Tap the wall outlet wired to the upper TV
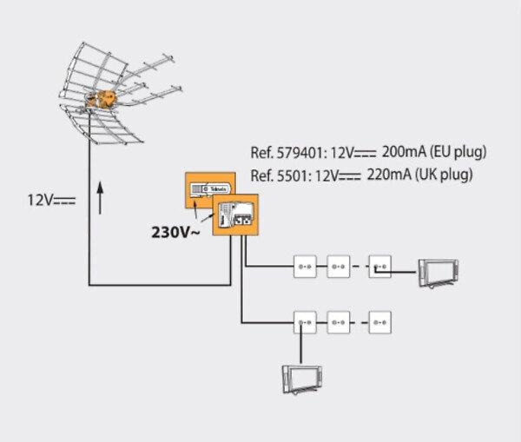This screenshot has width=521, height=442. (x=380, y=264)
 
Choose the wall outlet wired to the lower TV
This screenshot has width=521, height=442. (x=306, y=321)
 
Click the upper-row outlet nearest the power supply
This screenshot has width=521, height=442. (x=306, y=264)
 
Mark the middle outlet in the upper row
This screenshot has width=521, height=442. (x=338, y=264)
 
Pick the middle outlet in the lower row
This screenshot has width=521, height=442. (x=338, y=321)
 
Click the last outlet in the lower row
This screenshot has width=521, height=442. (x=380, y=321)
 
